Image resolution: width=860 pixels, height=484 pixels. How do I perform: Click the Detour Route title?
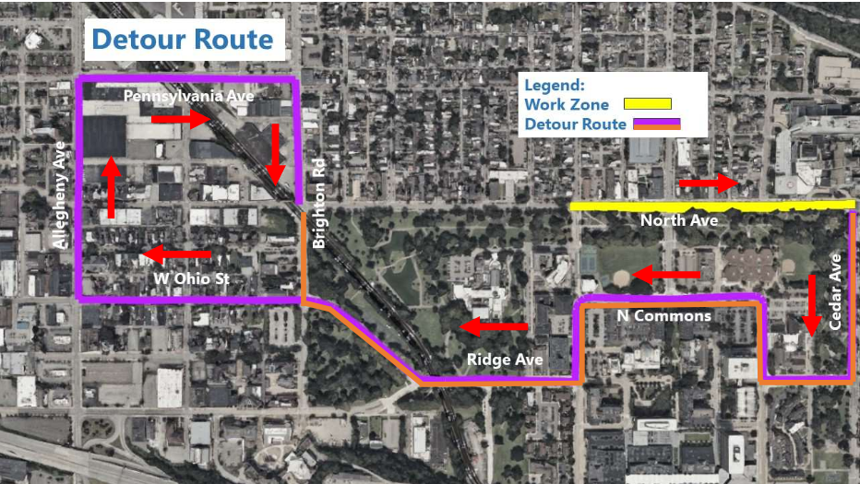point(183,40)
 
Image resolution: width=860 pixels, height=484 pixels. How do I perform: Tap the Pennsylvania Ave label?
point(188,95)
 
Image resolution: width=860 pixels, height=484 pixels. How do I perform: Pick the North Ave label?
point(678,220)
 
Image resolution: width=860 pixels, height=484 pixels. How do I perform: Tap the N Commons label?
point(663,316)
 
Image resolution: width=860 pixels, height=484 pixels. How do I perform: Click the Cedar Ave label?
point(835,291)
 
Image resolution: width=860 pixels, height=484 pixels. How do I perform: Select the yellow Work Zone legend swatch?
point(647,104)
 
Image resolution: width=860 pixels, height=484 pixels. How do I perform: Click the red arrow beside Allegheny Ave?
point(112,188)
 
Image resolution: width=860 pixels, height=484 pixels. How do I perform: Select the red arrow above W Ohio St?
point(178,254)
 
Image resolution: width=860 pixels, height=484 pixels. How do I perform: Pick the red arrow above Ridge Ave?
point(494,326)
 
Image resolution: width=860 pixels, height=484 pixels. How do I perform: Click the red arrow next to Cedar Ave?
point(811,304)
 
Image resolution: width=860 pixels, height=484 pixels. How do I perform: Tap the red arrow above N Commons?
point(666,275)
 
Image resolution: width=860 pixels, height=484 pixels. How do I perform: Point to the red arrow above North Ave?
point(709,185)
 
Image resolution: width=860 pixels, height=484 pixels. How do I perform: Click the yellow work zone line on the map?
point(711,206)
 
